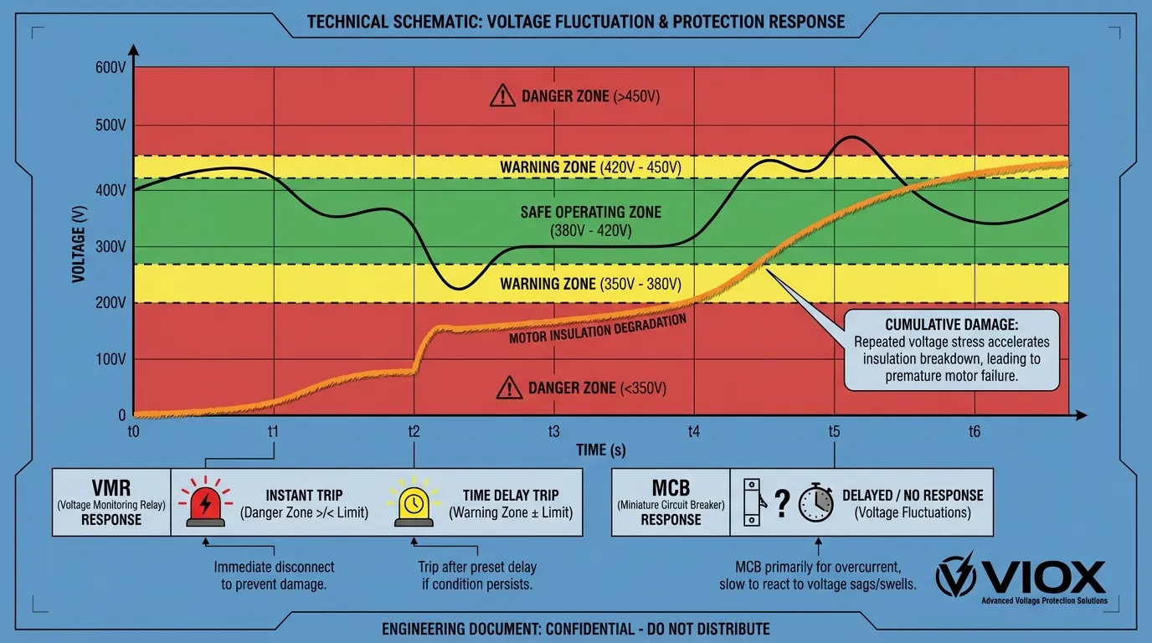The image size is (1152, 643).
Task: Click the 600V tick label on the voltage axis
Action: [x=111, y=68]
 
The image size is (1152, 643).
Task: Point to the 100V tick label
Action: [x=111, y=359]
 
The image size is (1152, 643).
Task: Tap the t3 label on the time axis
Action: [x=553, y=432]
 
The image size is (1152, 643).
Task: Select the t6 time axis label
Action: [x=975, y=432]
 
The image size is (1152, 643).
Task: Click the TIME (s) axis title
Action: [x=601, y=450]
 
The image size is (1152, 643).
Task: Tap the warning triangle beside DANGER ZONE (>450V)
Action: [x=502, y=96]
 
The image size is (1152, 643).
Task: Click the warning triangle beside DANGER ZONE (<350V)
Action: [x=509, y=388]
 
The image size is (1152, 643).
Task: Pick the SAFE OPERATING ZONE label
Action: [x=590, y=212]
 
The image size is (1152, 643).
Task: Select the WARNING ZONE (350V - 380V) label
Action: [x=590, y=284]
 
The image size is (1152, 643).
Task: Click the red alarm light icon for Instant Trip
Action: [x=204, y=503]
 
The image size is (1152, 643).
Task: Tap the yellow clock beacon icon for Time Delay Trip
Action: [x=414, y=503]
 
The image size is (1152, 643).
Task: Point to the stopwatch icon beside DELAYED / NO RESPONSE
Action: [x=815, y=503]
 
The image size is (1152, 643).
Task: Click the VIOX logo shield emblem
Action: [x=955, y=574]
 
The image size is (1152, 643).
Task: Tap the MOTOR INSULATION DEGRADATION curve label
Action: [x=598, y=331]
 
